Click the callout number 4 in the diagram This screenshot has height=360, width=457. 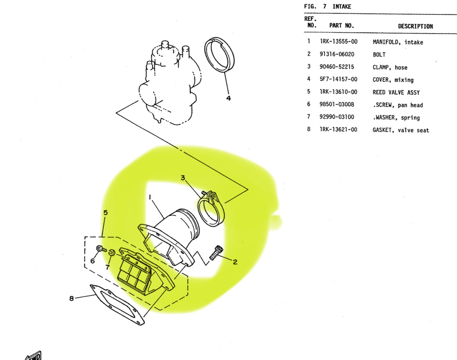228,98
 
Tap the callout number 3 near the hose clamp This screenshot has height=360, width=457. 182,178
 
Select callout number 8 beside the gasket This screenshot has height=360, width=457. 71,298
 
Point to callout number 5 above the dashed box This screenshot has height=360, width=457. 105,213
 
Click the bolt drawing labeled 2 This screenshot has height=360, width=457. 216,253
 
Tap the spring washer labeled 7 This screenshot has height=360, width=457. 111,253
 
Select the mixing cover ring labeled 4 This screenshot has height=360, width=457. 220,55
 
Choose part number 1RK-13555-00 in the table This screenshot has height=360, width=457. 338,42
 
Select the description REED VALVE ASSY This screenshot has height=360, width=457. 396,92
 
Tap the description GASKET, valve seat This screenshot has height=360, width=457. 400,130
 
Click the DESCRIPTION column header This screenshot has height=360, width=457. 415,26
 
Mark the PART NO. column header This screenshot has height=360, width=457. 341,25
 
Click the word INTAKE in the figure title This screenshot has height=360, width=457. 342,6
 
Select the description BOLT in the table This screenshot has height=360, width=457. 379,55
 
